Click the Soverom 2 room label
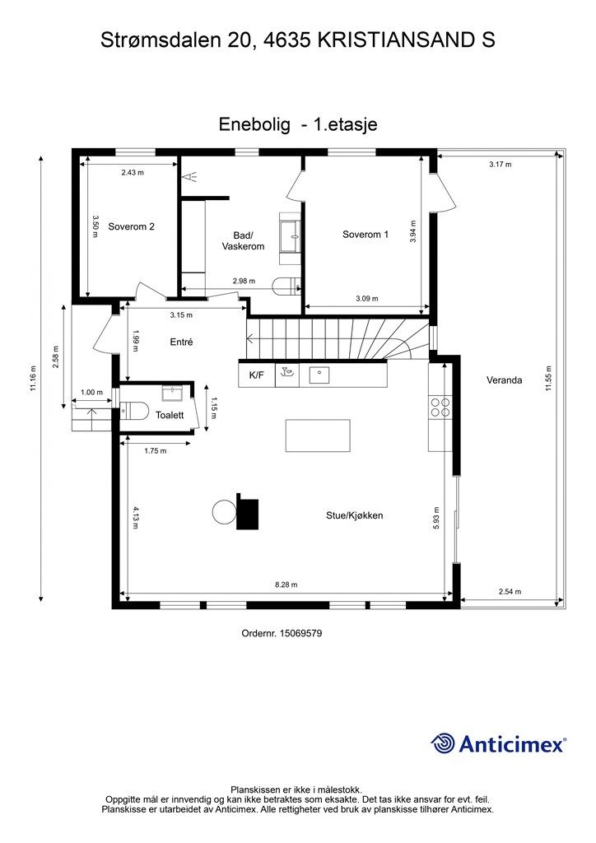131,227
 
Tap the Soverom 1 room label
366,235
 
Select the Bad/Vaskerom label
243,240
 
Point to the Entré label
181,342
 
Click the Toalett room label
170,416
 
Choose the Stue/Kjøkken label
354,516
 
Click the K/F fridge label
256,375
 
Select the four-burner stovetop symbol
440,408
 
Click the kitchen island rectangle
317,434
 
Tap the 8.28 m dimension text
286,585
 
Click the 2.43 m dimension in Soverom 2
132,173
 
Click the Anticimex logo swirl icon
443,743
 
